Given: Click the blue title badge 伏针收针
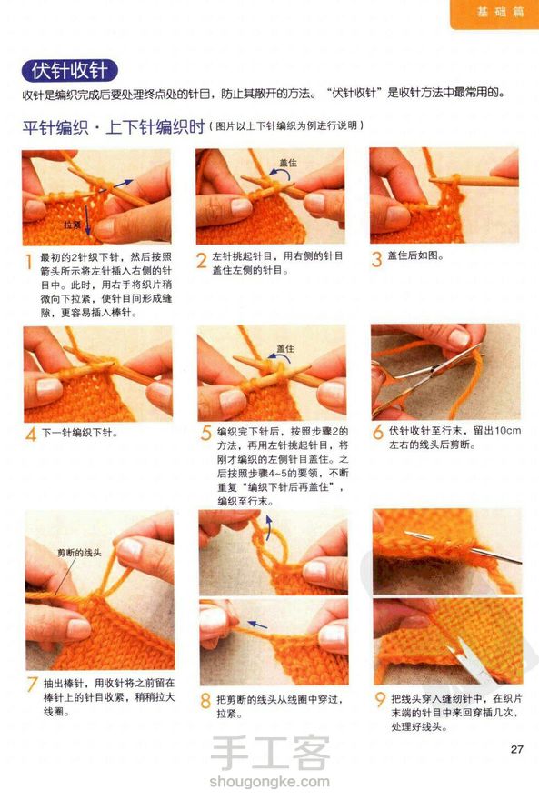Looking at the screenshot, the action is click(x=69, y=70).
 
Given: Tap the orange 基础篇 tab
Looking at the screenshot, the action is click(x=494, y=12).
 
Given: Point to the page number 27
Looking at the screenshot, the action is click(x=516, y=749).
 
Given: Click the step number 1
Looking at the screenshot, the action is click(x=29, y=262).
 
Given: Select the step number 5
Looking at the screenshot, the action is click(x=205, y=433).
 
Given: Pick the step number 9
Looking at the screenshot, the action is click(x=380, y=699).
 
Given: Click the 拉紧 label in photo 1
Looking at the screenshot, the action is click(x=72, y=225).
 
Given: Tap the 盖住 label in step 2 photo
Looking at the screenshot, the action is click(x=288, y=163).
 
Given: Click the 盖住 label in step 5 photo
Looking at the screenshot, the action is click(x=285, y=348).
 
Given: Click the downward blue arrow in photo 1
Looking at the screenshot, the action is click(x=87, y=219).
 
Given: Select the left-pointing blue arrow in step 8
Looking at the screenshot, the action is click(x=257, y=625).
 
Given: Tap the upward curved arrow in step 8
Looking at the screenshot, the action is click(x=269, y=526).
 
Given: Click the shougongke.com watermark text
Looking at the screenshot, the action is click(x=269, y=781).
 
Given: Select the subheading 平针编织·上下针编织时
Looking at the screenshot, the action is click(x=114, y=126).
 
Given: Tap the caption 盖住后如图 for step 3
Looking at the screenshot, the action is click(x=415, y=255).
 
